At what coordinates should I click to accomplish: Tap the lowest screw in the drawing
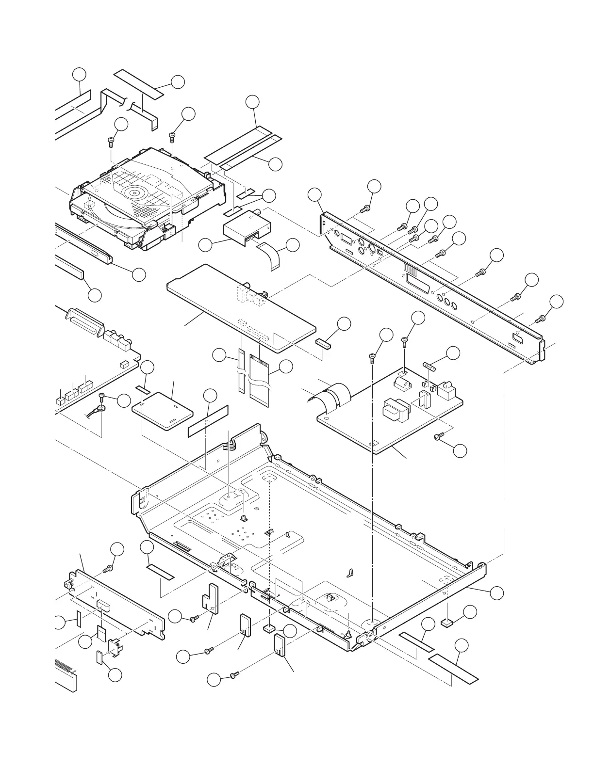point(234,674)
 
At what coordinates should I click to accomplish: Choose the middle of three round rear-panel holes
point(446,304)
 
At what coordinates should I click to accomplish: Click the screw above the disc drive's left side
point(111,141)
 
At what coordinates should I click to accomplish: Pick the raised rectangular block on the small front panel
point(103,605)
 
